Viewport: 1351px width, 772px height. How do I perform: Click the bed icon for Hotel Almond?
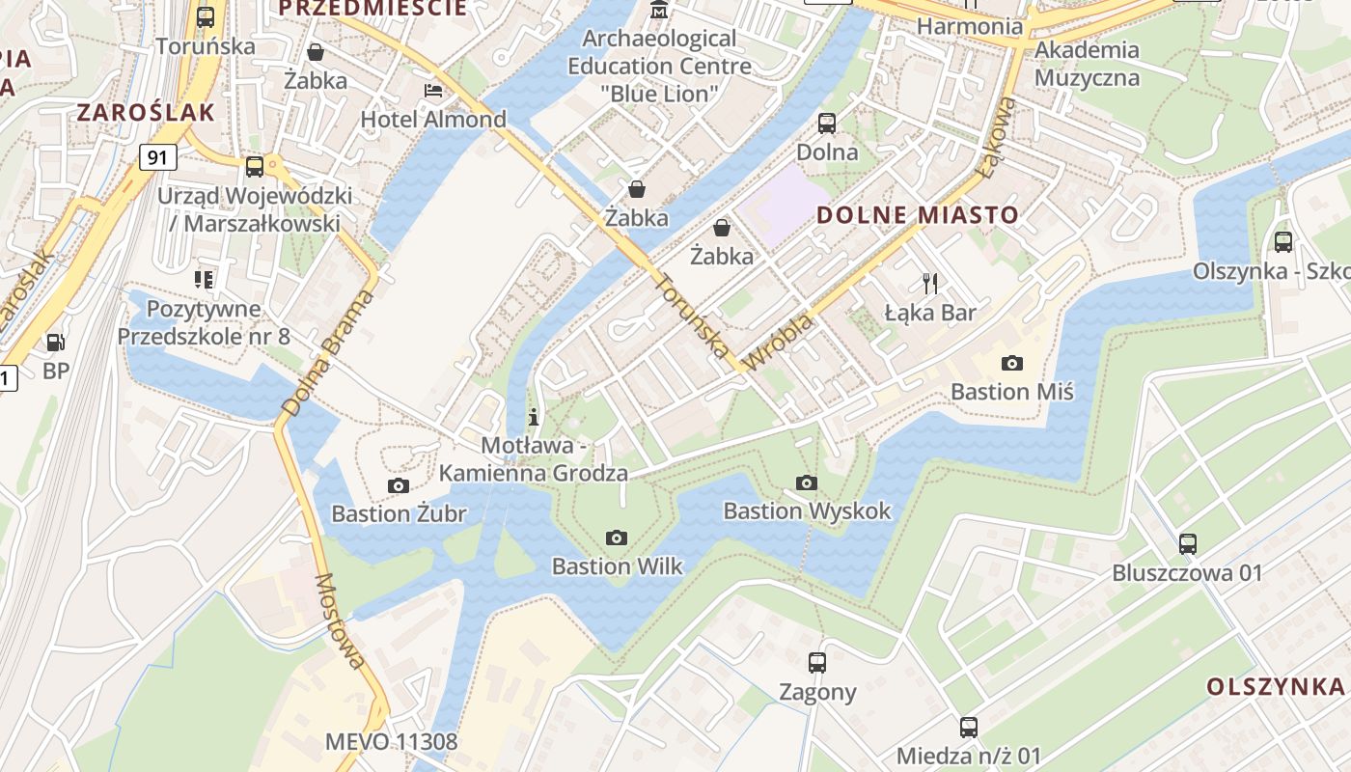(x=433, y=91)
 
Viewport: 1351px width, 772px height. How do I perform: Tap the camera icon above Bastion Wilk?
(x=617, y=538)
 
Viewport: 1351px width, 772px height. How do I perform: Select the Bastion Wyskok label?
(x=807, y=510)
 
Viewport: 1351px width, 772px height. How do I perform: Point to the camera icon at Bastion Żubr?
(x=398, y=485)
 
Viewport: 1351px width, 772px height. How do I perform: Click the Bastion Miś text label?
(x=1011, y=391)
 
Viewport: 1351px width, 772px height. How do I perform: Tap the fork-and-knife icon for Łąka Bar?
(x=930, y=283)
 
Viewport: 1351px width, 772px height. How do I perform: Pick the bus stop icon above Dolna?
(x=827, y=123)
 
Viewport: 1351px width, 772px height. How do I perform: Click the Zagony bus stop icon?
(x=817, y=663)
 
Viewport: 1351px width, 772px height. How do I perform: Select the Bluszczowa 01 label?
(x=1187, y=572)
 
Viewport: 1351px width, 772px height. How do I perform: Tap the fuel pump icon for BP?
(x=56, y=342)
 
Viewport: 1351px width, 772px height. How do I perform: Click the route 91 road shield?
(x=157, y=156)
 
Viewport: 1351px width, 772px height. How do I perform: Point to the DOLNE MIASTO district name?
(x=918, y=214)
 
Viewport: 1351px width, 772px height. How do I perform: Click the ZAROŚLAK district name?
(x=146, y=112)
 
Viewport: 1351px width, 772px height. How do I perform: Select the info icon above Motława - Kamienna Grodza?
(x=533, y=417)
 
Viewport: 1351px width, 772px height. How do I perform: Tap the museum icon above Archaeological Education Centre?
(x=659, y=11)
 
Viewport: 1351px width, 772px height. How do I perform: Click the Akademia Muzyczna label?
(x=1087, y=64)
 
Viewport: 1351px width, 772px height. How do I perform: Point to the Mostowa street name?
(x=341, y=620)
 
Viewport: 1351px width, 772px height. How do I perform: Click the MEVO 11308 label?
(x=391, y=742)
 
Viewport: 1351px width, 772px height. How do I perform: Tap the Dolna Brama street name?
(x=327, y=353)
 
